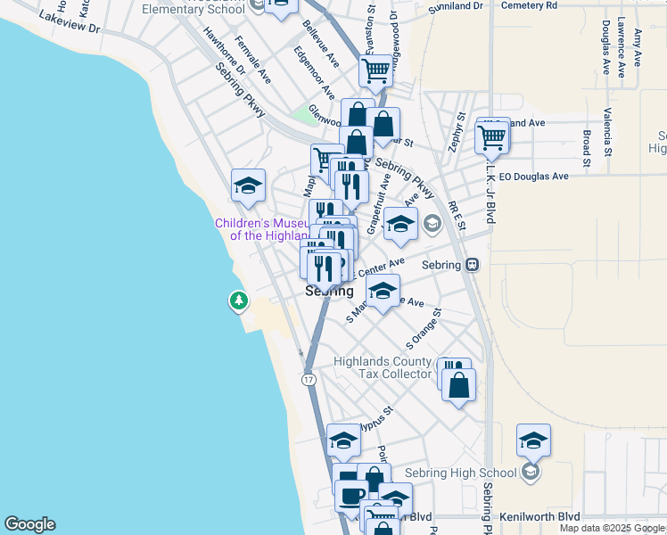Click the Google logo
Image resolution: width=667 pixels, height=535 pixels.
click(29, 524)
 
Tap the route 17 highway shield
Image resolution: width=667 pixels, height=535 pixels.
click(308, 379)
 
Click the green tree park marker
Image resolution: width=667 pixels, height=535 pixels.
click(239, 301)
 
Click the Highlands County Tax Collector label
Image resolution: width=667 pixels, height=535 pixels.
click(383, 367)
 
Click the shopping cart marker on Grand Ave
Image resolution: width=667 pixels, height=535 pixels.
click(492, 137)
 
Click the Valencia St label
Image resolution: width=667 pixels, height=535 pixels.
click(606, 128)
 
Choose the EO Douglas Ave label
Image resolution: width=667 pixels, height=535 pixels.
click(533, 177)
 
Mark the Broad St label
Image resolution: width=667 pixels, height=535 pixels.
click(586, 149)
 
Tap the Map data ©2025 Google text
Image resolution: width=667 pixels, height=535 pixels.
click(612, 528)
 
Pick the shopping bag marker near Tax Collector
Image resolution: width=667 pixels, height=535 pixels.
click(458, 385)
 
